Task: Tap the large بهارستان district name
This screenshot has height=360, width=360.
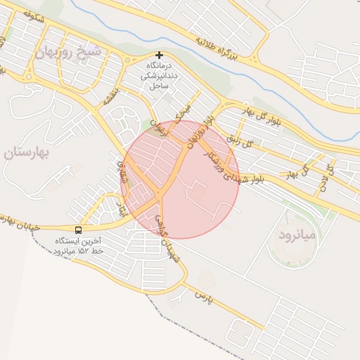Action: (x=28, y=153)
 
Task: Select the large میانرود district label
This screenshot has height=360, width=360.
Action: (x=298, y=233)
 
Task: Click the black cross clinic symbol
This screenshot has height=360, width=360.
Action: (x=160, y=55)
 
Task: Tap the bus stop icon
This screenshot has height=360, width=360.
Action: (x=78, y=229)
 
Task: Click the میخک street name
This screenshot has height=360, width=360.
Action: (x=182, y=113)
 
